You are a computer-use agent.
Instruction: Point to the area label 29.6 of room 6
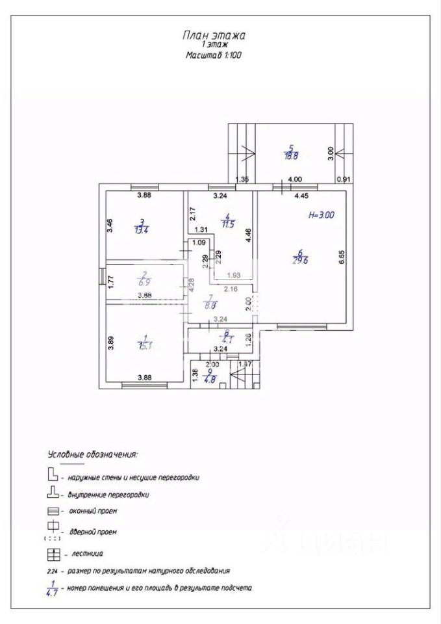(x=299, y=260)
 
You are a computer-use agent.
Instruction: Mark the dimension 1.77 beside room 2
(x=110, y=282)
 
